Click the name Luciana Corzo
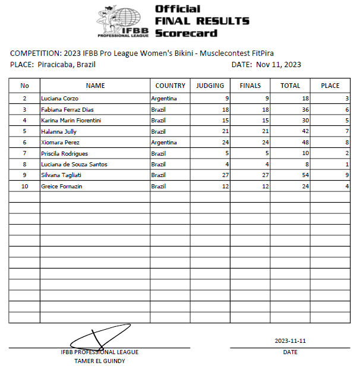[x=59, y=98]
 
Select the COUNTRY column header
[x=170, y=86]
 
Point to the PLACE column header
[x=330, y=86]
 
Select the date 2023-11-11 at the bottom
[x=290, y=341]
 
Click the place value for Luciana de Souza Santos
[x=347, y=164]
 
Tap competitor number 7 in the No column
[x=24, y=153]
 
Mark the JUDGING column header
[x=210, y=86]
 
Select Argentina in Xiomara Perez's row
[x=164, y=142]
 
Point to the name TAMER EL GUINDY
[x=99, y=361]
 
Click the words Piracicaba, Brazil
[x=66, y=65]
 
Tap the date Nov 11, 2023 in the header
[x=277, y=65]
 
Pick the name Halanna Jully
[x=58, y=131]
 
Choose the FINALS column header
[x=250, y=86]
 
